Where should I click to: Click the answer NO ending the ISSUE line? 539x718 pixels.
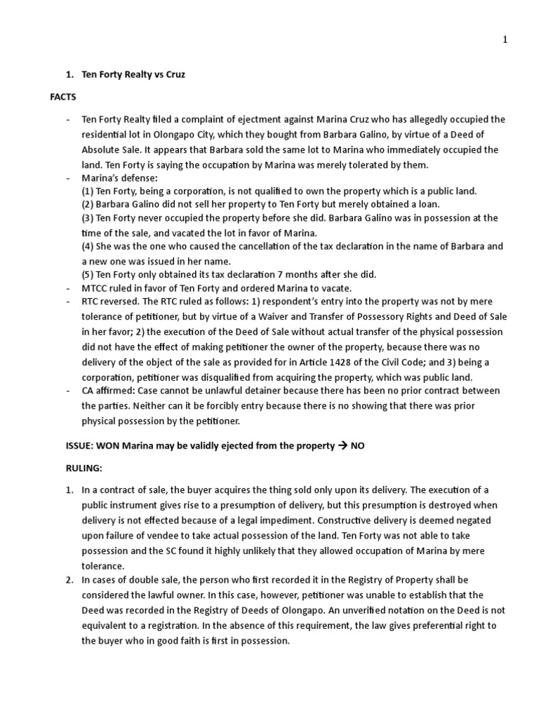coord(358,446)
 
